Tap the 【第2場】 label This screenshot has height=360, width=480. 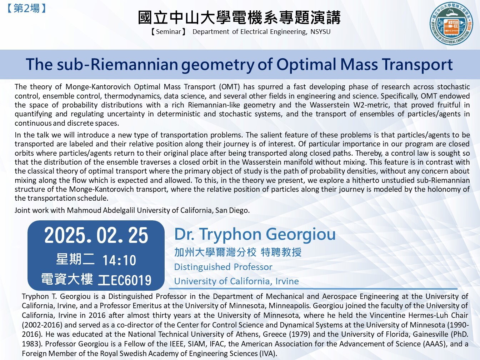coord(26,9)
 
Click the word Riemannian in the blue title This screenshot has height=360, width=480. coord(134,65)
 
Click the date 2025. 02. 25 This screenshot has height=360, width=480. coord(96,235)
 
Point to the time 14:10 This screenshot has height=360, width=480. coord(119,260)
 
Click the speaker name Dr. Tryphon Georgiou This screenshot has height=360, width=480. coord(255,234)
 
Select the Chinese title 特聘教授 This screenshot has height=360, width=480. coord(281,252)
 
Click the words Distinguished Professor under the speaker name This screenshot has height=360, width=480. coord(223,267)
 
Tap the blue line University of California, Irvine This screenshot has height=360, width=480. coord(236,281)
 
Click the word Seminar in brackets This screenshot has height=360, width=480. coord(168,32)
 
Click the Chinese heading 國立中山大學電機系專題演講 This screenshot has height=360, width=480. coord(239,17)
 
